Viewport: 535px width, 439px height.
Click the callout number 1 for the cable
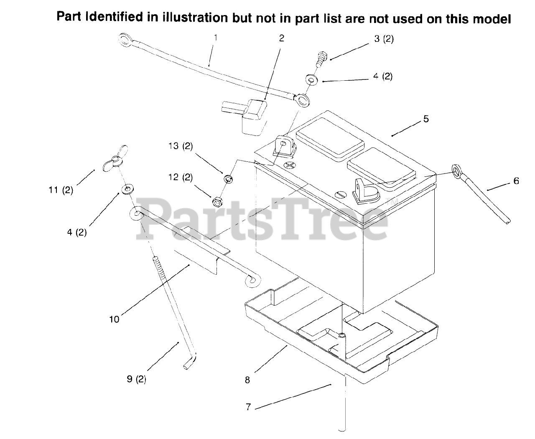[x=215, y=38]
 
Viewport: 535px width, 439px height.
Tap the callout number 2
[x=281, y=38]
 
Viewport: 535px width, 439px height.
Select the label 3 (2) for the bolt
[x=384, y=39]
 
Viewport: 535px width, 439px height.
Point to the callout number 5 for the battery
[x=426, y=119]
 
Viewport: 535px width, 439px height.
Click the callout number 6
[x=516, y=181]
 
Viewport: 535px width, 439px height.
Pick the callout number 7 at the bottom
[x=248, y=407]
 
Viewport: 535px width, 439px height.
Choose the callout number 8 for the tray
[x=247, y=380]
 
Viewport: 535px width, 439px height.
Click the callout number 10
[x=114, y=319]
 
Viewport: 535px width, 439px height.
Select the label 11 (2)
[x=61, y=190]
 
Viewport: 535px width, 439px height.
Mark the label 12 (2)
[x=181, y=177]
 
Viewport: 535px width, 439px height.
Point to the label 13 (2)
[x=181, y=146]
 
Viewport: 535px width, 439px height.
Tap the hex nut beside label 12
[x=217, y=202]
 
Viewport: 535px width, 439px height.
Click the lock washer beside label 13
[x=229, y=179]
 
